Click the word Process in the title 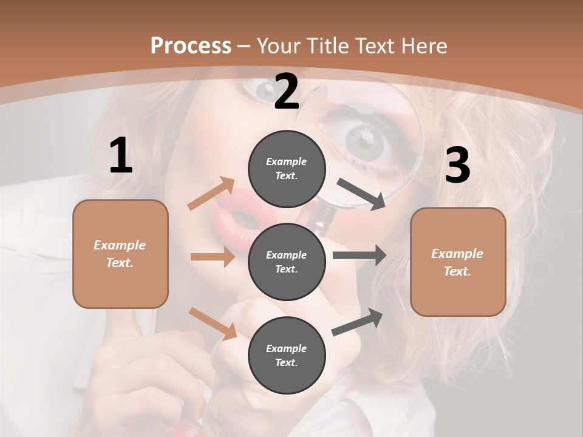tap(191, 46)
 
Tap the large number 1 tap(120, 157)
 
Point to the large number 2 tap(287, 92)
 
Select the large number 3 tap(457, 166)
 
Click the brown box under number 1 tap(120, 254)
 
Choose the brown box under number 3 tap(458, 262)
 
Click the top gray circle tap(287, 169)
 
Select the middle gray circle tap(287, 262)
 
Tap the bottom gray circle tap(287, 355)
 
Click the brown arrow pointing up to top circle tap(211, 193)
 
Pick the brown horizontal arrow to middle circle tap(213, 257)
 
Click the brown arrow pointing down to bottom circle tap(213, 323)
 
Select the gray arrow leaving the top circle tap(361, 194)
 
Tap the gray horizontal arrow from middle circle tap(359, 256)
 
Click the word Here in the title tap(426, 46)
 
